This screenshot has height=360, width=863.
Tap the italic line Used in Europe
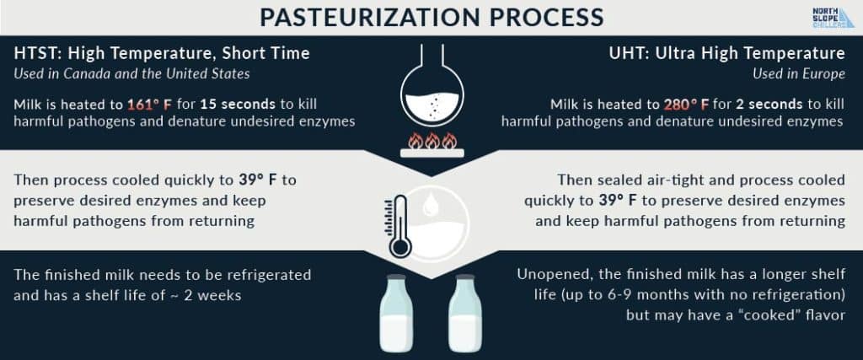coord(799,73)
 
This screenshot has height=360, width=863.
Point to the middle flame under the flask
coord(432,141)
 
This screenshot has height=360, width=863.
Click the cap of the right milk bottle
coord(465,277)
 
